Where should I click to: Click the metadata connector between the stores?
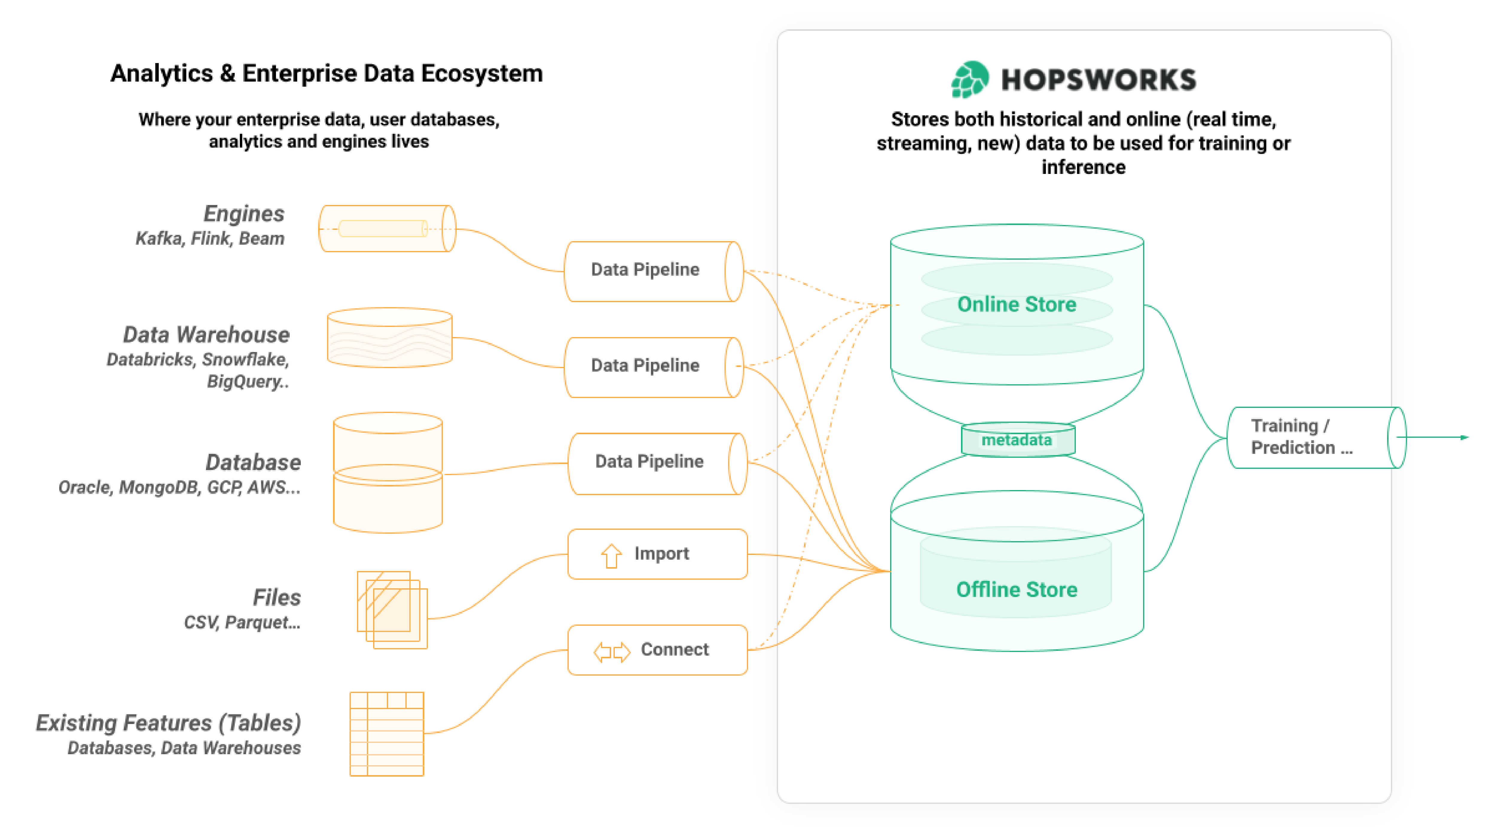coord(1017,440)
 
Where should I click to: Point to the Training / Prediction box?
coord(1314,437)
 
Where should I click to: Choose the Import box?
coord(657,554)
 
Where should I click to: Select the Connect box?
coord(657,650)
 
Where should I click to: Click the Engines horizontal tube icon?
coord(387,228)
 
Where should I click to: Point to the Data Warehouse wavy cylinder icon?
coord(390,338)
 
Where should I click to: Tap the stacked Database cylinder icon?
coord(388,472)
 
